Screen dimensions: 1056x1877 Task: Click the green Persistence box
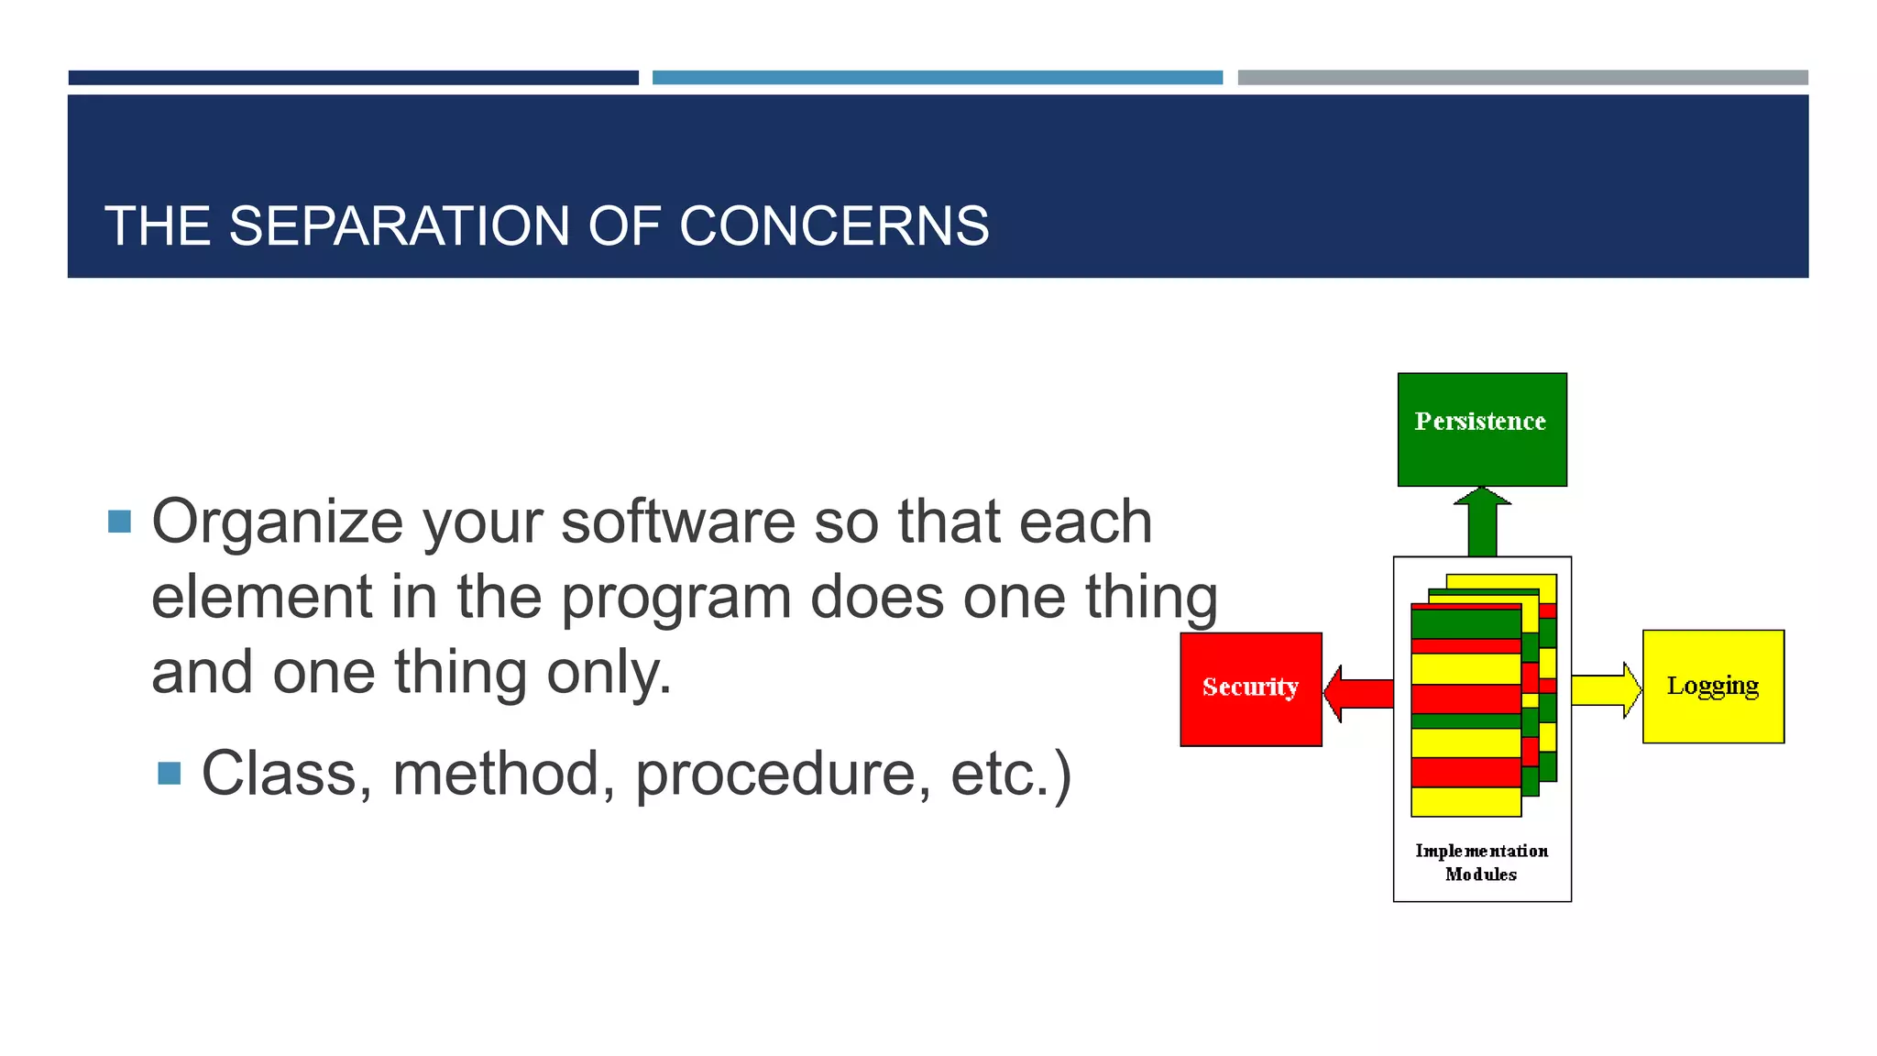pos(1481,429)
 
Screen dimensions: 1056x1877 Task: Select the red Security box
pos(1250,688)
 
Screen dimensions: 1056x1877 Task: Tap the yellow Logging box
pos(1712,686)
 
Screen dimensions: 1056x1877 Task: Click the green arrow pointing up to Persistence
pos(1482,523)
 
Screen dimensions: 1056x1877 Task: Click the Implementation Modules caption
pos(1481,862)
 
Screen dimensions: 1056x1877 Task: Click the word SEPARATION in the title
pos(399,225)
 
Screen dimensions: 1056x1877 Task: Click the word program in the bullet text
pos(675,598)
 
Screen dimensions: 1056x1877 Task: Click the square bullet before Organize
pos(119,522)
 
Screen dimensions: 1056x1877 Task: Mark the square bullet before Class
pos(170,774)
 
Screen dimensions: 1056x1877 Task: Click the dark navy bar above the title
pos(353,78)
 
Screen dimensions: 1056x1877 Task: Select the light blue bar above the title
pos(937,78)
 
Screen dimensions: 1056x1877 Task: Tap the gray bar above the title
pos(1522,78)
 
